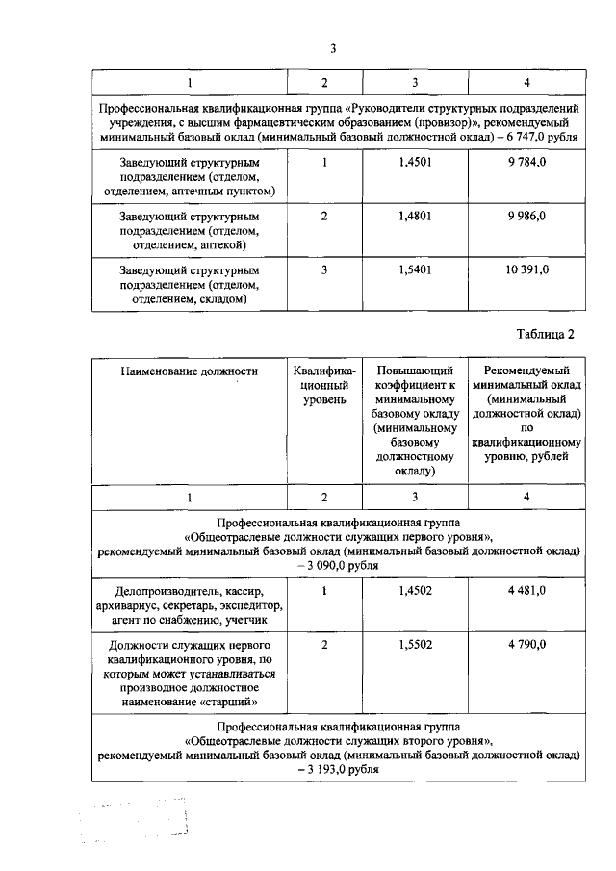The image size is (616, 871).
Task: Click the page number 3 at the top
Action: click(x=333, y=49)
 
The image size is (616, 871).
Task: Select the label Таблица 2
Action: click(x=545, y=334)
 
